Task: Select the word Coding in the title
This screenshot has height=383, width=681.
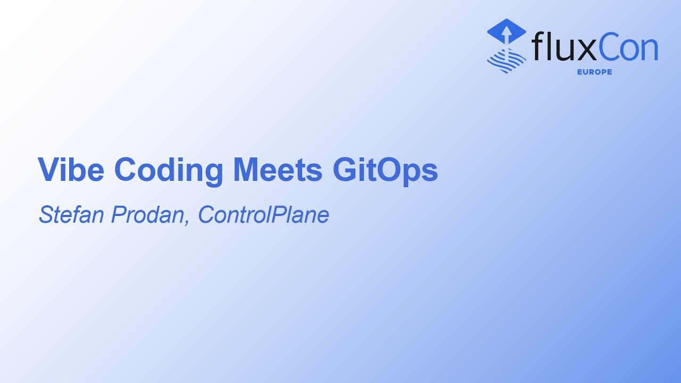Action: (x=169, y=170)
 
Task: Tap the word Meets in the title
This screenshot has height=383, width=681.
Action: (x=278, y=170)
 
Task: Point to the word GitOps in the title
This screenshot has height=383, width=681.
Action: (x=385, y=171)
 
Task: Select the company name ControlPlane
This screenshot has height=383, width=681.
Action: (x=263, y=214)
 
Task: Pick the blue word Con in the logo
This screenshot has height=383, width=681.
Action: (x=628, y=47)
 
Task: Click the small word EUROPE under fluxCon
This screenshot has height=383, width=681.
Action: (x=594, y=72)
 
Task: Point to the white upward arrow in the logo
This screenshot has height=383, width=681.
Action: (x=506, y=35)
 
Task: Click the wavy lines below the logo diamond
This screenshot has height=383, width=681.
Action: (x=506, y=60)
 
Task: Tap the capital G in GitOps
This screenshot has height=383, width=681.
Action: (x=344, y=170)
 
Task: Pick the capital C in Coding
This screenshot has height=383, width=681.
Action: (x=126, y=170)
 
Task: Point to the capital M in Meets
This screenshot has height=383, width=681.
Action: (x=246, y=170)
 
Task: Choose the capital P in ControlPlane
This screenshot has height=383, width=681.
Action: (x=279, y=214)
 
